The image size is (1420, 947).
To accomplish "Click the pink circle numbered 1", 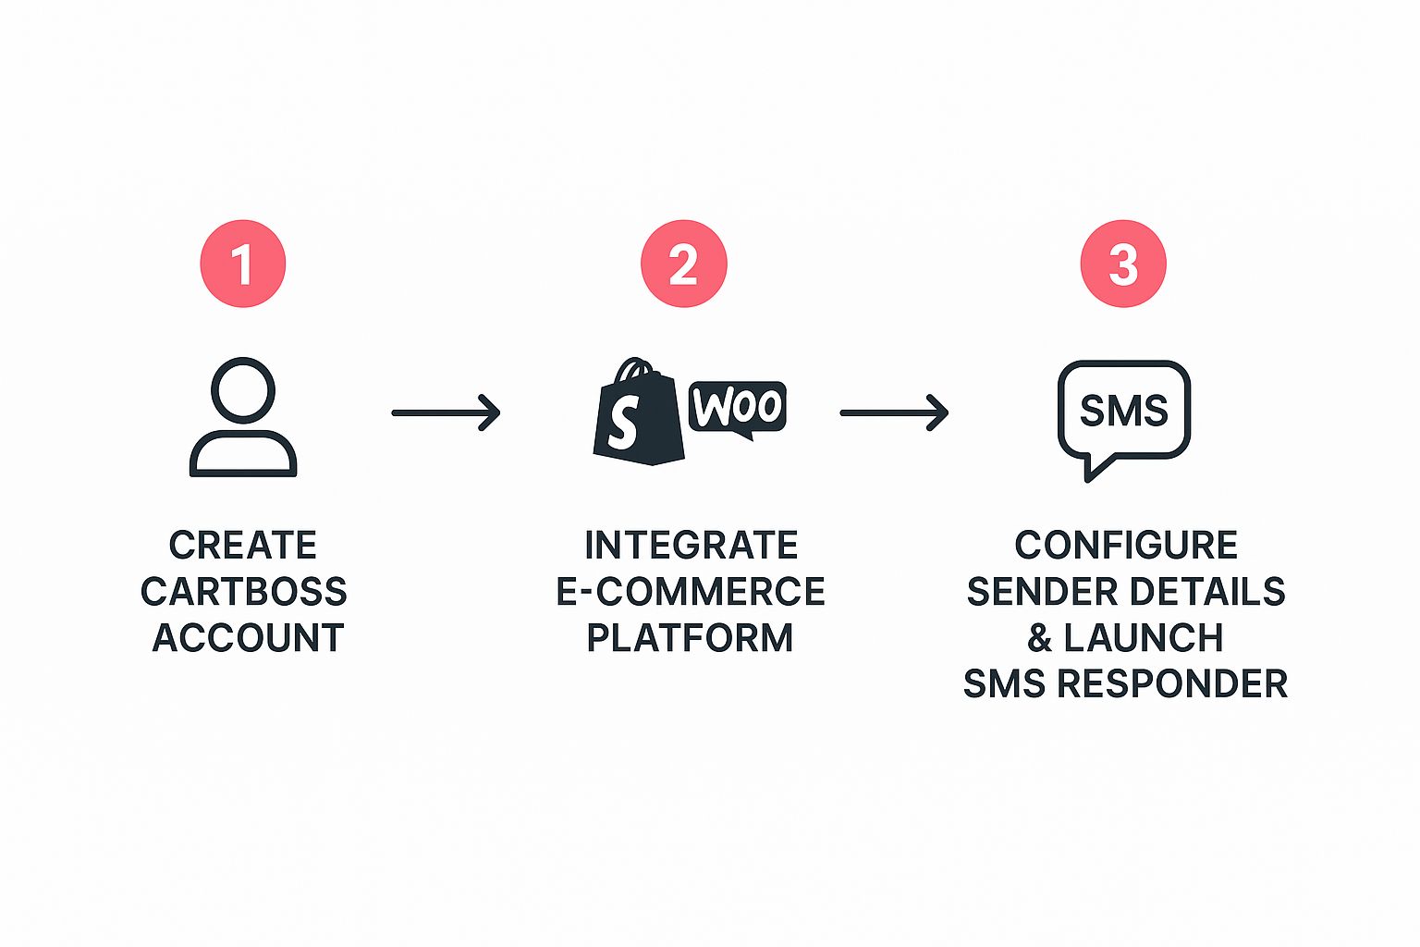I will pos(243,264).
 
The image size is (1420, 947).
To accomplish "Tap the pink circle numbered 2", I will pos(684,264).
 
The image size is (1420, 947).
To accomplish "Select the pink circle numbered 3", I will pos(1123,264).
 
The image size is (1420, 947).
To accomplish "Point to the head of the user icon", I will pos(243,390).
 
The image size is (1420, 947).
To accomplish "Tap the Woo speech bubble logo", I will pos(738,408).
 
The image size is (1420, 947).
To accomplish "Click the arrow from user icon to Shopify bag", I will pos(446,412).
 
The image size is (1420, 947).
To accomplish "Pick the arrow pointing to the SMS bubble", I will pos(894,412).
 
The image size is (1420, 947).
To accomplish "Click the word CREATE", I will pos(243,546).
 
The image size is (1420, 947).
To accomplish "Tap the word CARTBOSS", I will pos(244,592).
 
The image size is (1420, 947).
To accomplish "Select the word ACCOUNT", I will pos(248,638).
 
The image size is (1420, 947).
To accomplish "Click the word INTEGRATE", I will pos(692,546).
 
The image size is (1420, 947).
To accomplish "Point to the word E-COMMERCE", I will pos(691,592).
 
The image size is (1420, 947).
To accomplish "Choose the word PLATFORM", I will pos(691,638).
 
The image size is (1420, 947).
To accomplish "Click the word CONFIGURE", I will pos(1126,546).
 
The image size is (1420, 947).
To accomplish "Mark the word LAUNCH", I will pos(1144,638).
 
